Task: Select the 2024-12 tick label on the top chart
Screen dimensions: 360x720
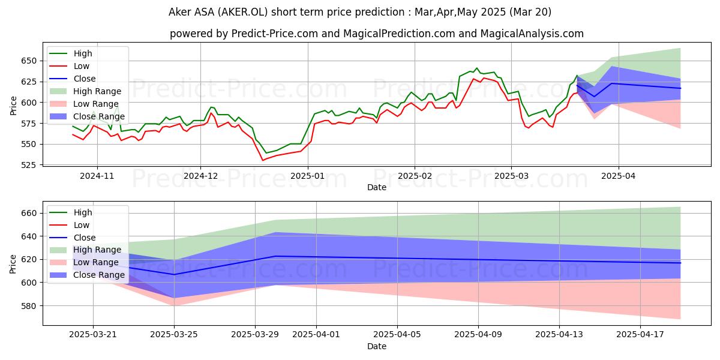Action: [200, 176]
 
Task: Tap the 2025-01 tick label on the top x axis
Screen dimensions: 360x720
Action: [308, 176]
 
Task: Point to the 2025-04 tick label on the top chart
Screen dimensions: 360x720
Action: [619, 176]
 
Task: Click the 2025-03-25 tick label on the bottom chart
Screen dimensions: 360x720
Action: [174, 334]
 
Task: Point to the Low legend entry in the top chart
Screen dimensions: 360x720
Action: [82, 66]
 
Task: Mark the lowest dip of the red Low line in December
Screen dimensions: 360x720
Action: [263, 160]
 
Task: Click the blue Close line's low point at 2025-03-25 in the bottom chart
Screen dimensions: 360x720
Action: [174, 274]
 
